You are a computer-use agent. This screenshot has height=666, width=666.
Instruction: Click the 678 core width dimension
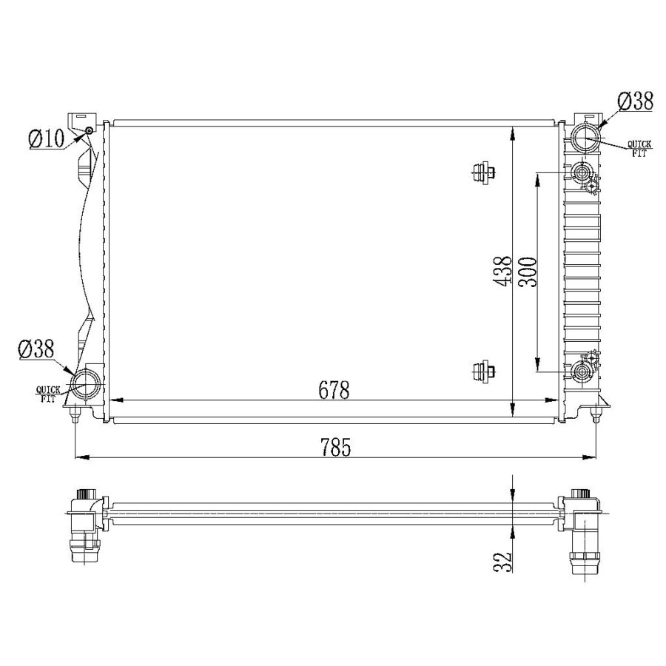334,390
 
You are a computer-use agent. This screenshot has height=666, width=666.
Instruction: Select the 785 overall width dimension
335,447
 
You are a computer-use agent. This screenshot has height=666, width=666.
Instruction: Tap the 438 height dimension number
504,272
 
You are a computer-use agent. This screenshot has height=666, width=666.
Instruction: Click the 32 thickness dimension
504,562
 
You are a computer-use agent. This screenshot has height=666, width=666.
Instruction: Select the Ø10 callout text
47,138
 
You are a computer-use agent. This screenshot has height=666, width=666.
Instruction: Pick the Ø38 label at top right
636,101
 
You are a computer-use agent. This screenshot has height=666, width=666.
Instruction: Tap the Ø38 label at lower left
36,349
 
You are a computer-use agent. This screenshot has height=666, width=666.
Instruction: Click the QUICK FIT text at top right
639,149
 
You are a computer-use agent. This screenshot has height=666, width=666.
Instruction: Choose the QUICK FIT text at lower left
47,394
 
